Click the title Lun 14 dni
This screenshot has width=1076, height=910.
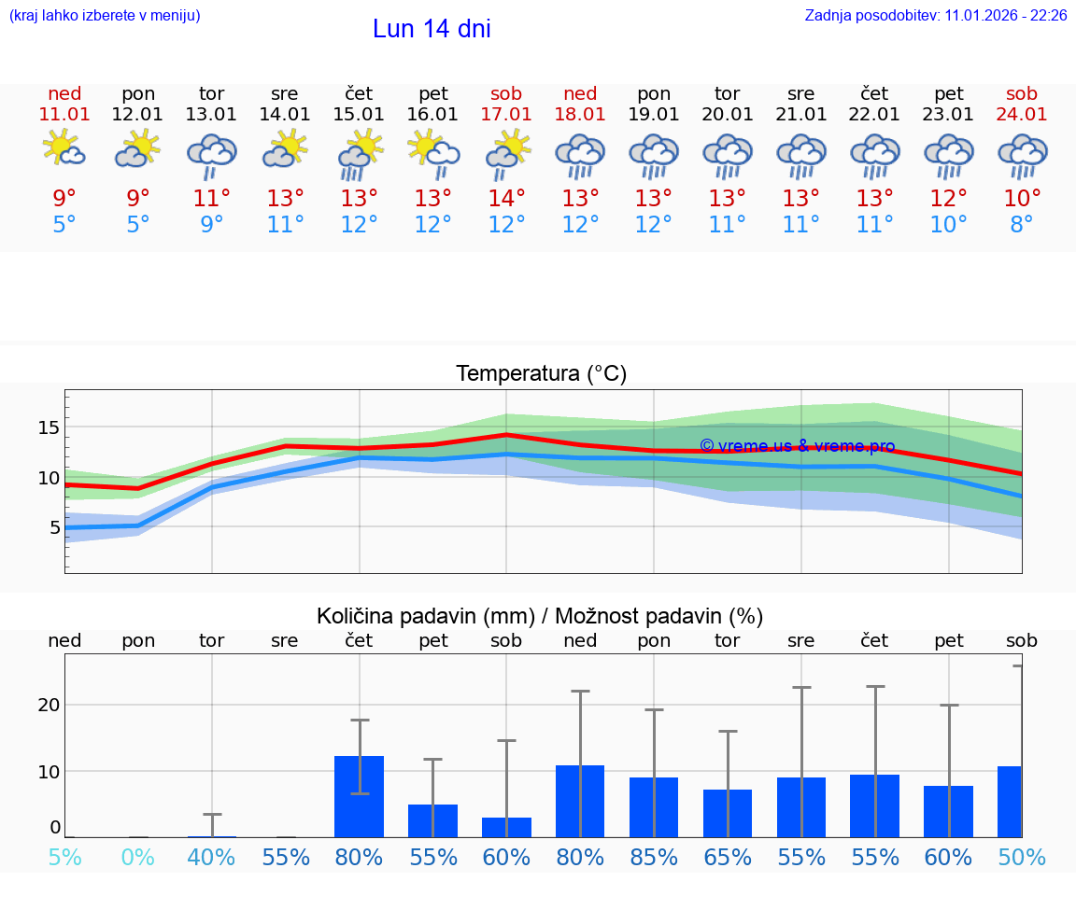432,29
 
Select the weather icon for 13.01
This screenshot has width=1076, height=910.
212,155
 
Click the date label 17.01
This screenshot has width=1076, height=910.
506,114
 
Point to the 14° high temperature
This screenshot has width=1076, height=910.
506,198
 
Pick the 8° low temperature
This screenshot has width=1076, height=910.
1022,224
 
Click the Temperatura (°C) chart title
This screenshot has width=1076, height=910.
541,374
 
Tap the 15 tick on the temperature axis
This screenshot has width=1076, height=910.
49,427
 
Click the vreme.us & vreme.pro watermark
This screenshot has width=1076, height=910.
797,446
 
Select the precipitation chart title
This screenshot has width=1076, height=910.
540,616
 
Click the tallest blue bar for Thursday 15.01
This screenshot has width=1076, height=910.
360,796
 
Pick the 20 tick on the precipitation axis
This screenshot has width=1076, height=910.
49,705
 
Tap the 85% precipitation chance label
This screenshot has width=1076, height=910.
654,857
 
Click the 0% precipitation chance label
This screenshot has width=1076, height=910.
138,857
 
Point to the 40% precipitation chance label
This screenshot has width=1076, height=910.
212,857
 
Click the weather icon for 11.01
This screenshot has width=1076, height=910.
64,149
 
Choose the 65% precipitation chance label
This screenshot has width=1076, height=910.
728,857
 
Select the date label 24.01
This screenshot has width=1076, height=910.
1022,114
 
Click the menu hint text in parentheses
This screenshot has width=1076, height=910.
105,15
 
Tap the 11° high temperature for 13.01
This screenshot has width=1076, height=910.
212,198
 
